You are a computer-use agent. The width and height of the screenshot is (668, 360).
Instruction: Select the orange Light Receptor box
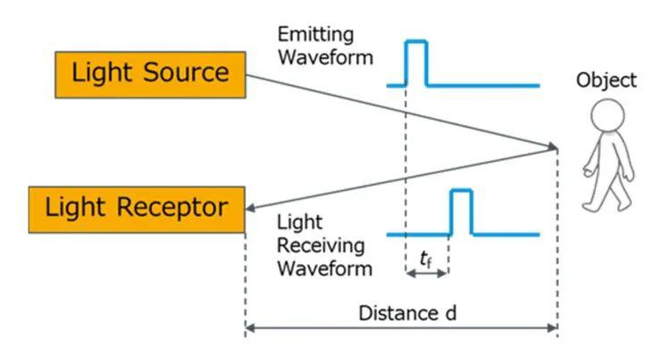click(x=137, y=209)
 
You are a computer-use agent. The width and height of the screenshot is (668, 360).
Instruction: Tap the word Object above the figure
click(x=606, y=80)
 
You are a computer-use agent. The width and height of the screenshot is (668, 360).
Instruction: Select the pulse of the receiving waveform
click(x=460, y=212)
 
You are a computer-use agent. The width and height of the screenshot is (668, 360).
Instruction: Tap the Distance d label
click(x=401, y=314)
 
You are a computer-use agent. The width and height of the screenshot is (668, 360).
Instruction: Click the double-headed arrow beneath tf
click(x=427, y=272)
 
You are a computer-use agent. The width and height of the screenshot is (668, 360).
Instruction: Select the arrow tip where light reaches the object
click(x=555, y=146)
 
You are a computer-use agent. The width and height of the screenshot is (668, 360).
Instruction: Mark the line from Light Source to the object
click(x=402, y=111)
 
